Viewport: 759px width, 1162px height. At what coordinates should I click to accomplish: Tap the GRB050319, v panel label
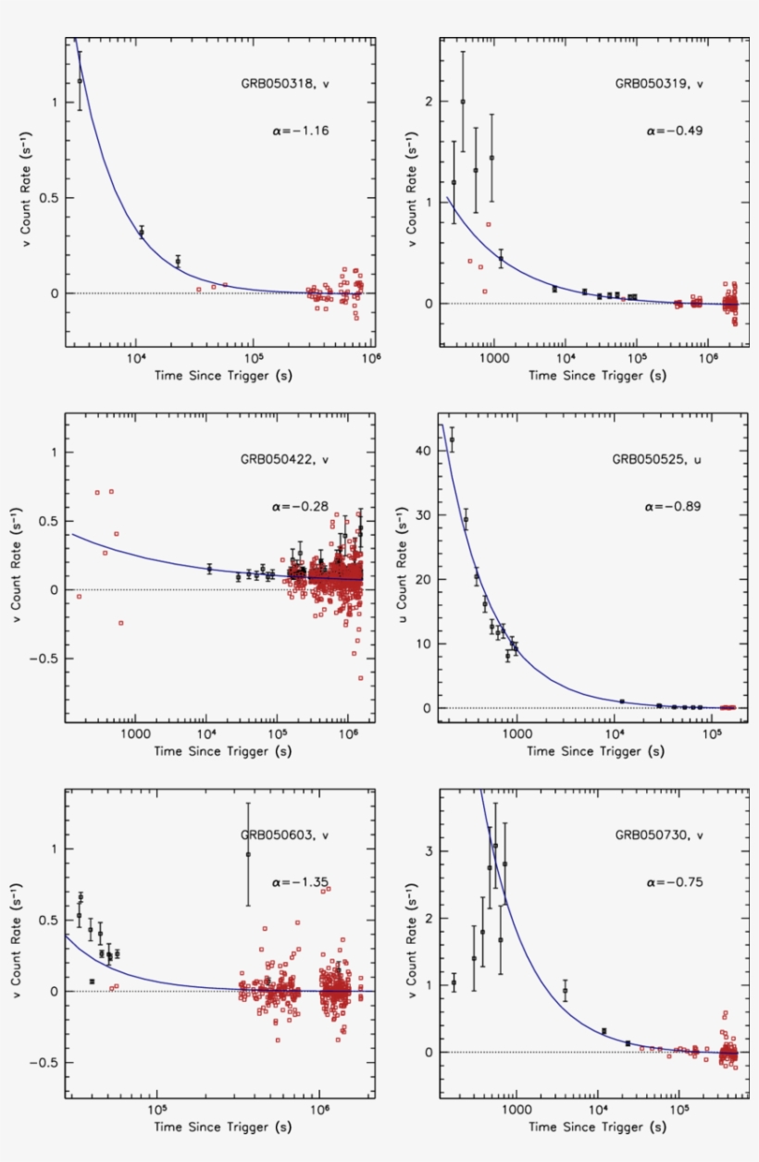660,83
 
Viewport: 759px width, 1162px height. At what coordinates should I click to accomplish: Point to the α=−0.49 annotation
675,131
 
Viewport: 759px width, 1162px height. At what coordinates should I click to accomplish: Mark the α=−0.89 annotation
675,507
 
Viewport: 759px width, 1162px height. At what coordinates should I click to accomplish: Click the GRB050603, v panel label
286,834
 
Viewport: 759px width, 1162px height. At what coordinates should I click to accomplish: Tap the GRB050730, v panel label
660,834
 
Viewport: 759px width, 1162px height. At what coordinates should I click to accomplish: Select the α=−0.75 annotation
675,883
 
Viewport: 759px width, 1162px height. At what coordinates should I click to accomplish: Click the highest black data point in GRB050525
452,439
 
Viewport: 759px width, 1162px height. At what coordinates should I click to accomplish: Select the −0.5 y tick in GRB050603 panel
45,1063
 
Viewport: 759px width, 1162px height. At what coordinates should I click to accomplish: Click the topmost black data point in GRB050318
80,80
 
